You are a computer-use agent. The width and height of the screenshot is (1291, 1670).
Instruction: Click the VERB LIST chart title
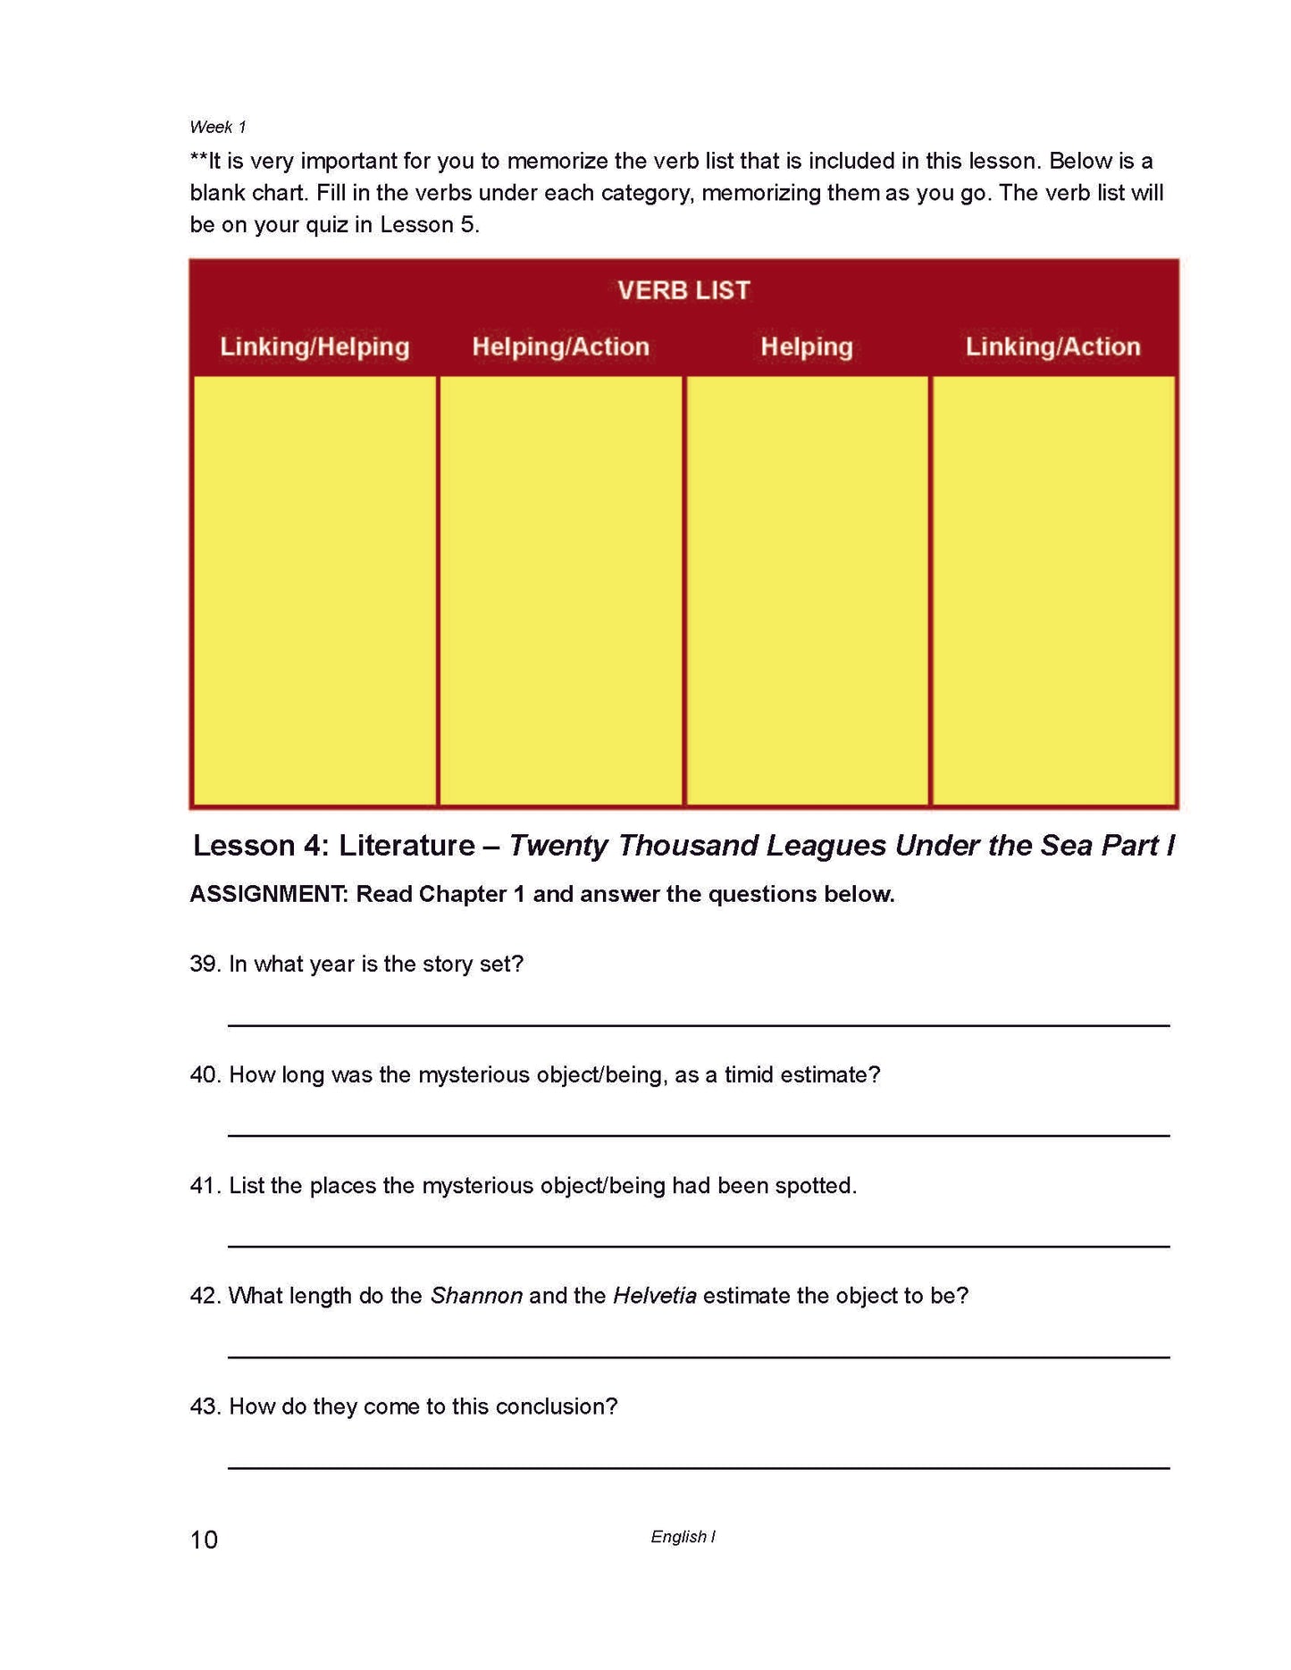683,290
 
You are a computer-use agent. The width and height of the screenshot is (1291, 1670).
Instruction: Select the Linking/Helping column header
314,347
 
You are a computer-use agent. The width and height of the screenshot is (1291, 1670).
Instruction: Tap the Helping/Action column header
560,347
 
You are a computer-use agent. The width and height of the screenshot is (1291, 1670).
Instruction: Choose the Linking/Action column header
1052,347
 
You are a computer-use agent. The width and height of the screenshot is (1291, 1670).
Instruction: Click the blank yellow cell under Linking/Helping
314,589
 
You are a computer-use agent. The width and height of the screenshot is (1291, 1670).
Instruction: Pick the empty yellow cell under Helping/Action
560,589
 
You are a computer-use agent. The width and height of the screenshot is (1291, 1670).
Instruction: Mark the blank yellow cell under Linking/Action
1052,589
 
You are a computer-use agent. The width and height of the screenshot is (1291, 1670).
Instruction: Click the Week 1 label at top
217,127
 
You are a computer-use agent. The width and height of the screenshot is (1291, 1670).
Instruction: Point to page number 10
204,1540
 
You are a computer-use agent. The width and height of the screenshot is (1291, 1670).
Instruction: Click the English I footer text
683,1536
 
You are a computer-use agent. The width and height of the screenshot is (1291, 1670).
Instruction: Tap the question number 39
204,964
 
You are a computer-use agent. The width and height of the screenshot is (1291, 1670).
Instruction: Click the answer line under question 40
699,1134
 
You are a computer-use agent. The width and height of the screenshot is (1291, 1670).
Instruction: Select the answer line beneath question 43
699,1466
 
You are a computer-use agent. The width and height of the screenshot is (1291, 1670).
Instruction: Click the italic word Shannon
476,1296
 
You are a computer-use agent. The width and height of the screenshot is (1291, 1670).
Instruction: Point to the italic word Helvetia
654,1296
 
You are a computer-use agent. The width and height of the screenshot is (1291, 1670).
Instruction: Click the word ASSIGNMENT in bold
268,894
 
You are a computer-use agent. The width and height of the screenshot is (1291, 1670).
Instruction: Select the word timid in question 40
749,1074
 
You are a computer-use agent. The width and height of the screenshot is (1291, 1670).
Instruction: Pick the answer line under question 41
699,1245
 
